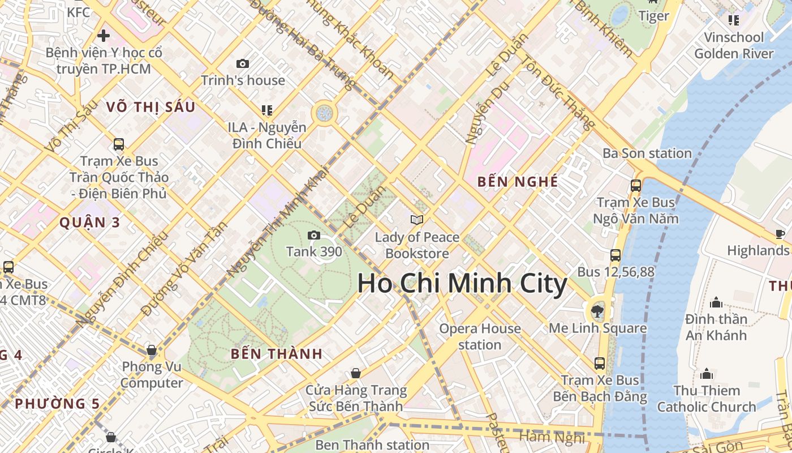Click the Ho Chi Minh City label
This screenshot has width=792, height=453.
pos(462,284)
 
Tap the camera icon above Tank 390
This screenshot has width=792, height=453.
pos(314,235)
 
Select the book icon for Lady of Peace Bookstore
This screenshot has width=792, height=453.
pos(417,220)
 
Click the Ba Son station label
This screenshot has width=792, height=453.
pos(647,153)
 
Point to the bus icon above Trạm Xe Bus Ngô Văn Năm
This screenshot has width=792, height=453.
pos(636,185)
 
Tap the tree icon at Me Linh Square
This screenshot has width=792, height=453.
pos(597,310)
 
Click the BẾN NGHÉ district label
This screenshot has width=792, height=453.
pos(518,182)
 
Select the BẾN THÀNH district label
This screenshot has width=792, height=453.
pos(277,354)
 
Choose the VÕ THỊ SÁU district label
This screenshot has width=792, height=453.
pos(150,107)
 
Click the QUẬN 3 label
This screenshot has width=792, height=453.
pos(90,222)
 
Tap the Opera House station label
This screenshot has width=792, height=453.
pos(480,336)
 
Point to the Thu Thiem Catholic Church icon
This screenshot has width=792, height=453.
pos(706,374)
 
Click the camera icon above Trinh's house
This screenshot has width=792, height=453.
pos(243,63)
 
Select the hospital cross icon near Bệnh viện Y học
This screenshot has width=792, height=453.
pos(104,36)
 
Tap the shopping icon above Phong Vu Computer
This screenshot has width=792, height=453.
pos(151,351)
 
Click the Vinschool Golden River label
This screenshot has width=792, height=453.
pos(734,45)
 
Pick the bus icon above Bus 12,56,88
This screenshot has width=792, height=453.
pos(615,255)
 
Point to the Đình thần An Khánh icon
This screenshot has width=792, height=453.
pos(716,302)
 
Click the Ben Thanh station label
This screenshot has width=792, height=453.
pos(372,445)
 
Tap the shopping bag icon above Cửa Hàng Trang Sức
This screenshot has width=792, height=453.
pos(356,373)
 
